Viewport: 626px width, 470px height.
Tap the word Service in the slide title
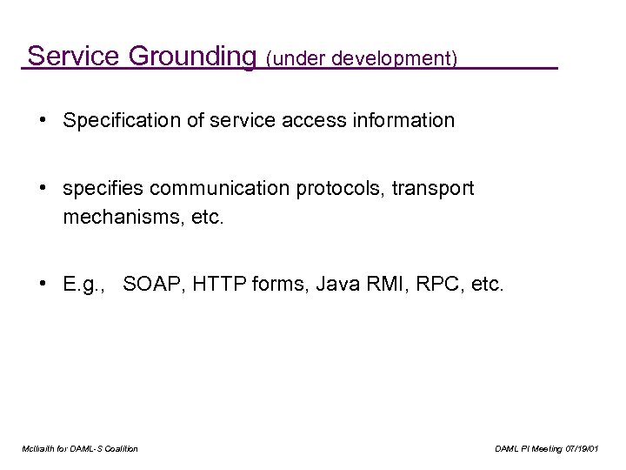77,56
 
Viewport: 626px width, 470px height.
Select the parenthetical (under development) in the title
362,59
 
